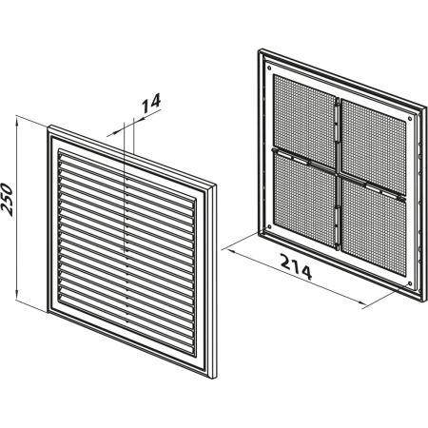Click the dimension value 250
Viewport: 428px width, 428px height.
pyautogui.click(x=7, y=200)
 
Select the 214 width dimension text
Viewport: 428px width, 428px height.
pyautogui.click(x=296, y=267)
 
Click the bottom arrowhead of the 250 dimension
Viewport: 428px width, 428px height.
pyautogui.click(x=17, y=294)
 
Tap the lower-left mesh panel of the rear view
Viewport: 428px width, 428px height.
pyautogui.click(x=304, y=200)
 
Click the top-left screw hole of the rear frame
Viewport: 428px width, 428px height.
pyautogui.click(x=269, y=68)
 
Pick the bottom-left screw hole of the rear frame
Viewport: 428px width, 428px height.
pyautogui.click(x=269, y=226)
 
